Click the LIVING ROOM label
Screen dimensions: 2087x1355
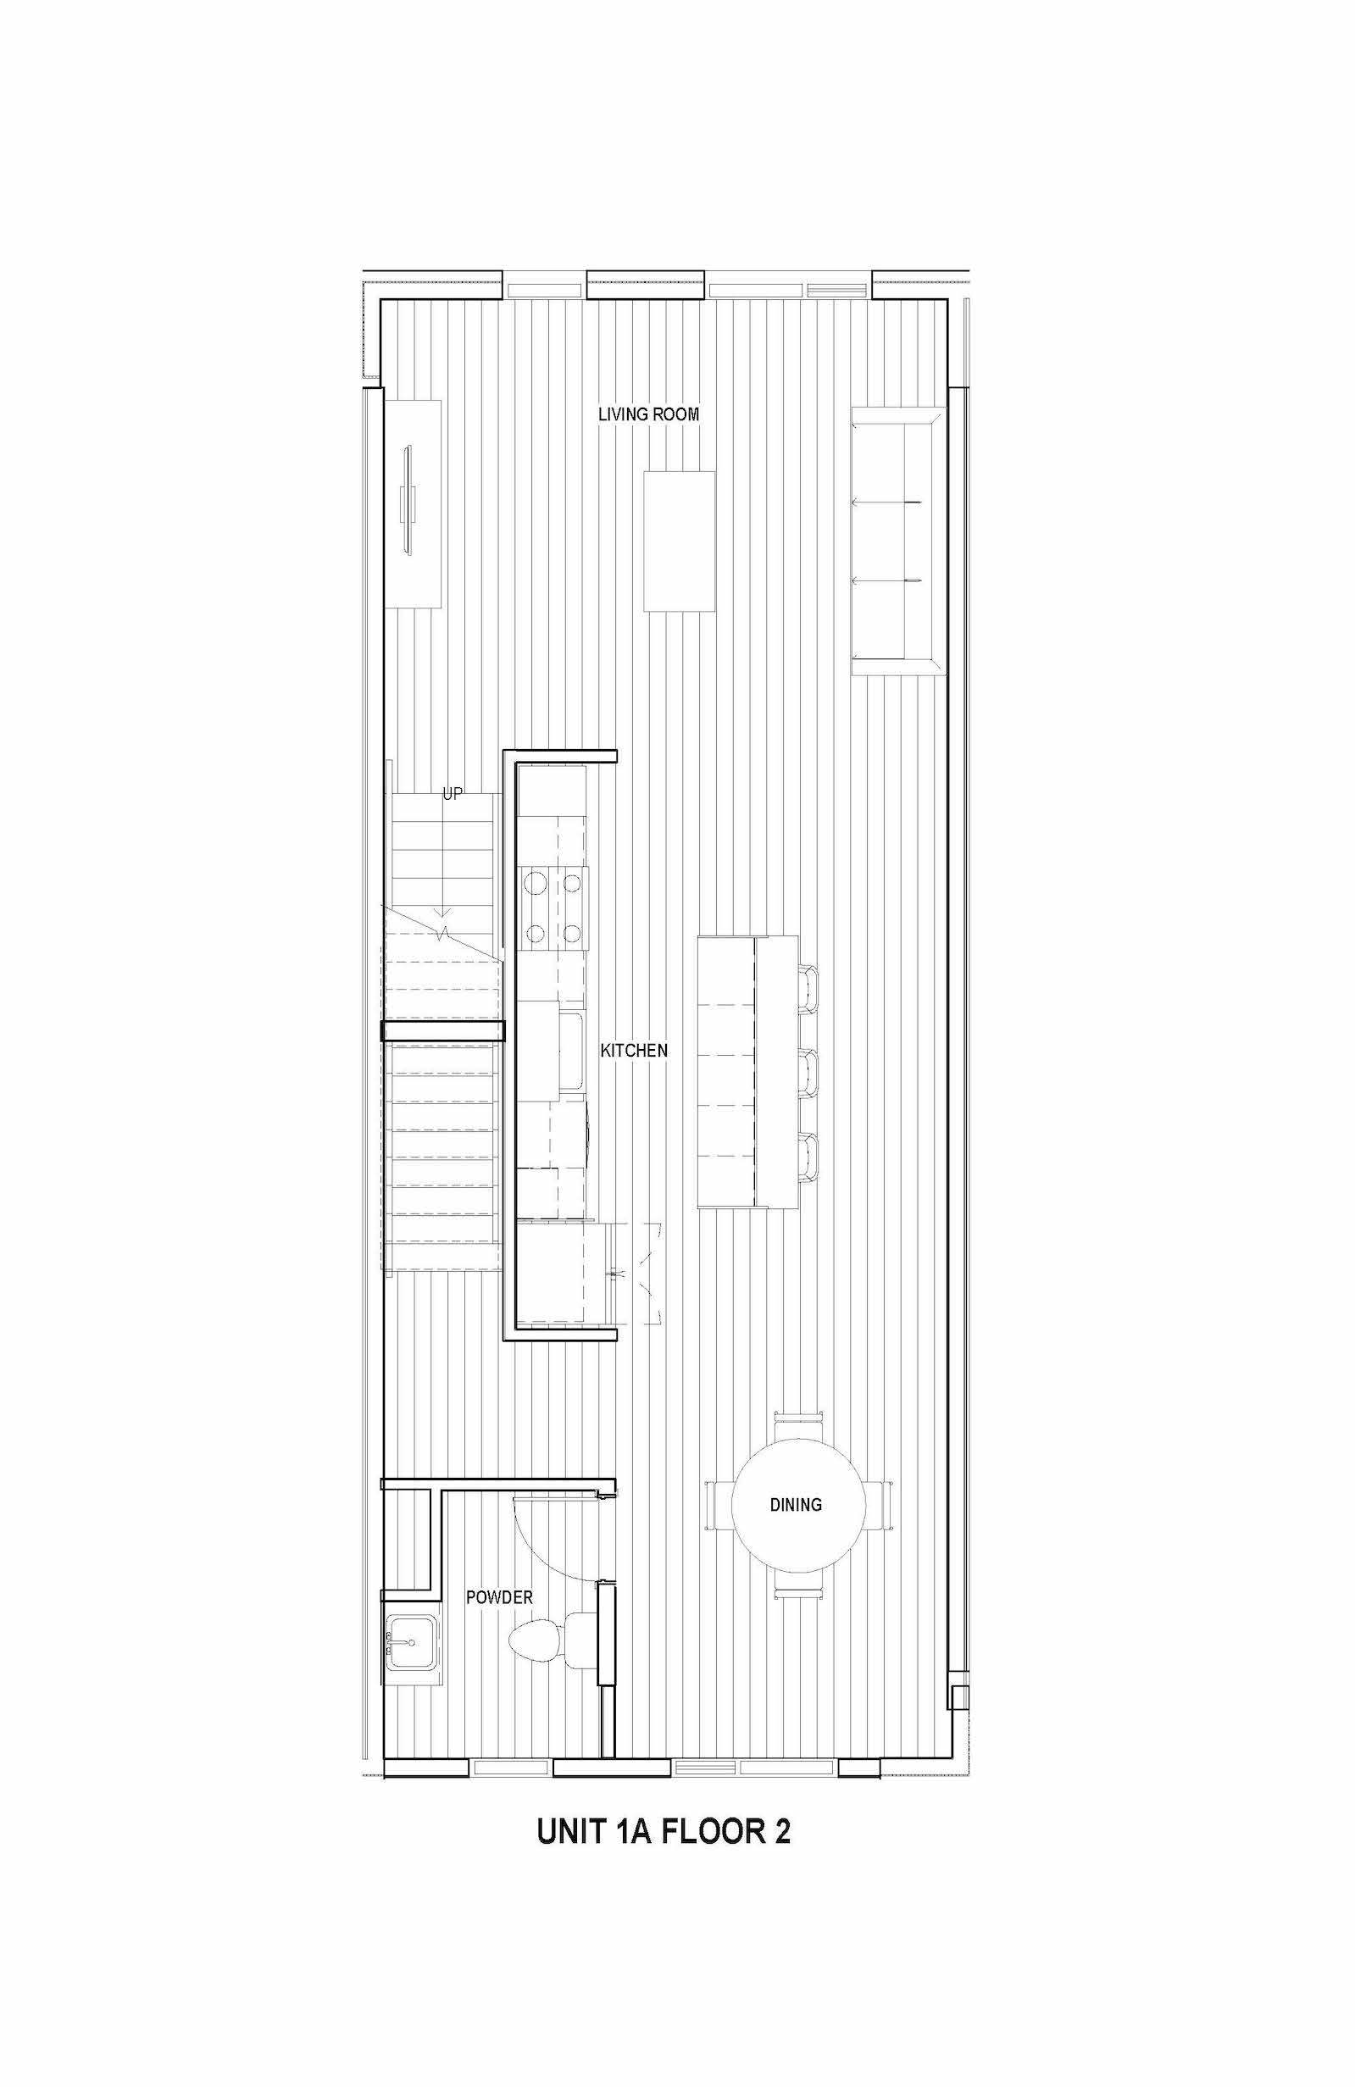[648, 414]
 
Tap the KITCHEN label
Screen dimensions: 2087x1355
[634, 1050]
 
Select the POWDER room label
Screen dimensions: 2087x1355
[499, 1598]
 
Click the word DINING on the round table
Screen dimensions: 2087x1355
[796, 1505]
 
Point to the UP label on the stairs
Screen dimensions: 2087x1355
[453, 795]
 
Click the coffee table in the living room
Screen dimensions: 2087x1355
[679, 541]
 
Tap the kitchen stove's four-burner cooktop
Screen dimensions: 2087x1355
[553, 907]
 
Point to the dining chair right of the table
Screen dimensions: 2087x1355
[879, 1504]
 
